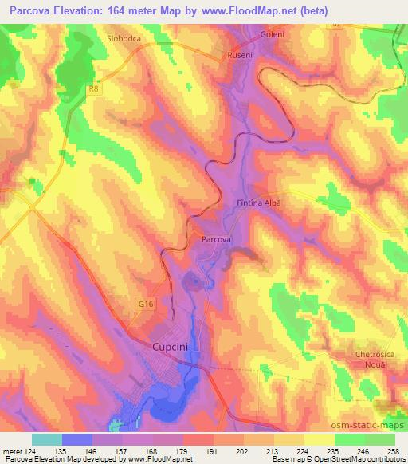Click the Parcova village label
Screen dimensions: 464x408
(x=215, y=239)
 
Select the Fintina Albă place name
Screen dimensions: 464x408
(x=260, y=203)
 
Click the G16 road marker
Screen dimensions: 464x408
(x=141, y=304)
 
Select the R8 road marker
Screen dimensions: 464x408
(x=94, y=89)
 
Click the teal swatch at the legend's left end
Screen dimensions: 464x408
(x=47, y=438)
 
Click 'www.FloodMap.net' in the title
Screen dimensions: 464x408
(x=245, y=10)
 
